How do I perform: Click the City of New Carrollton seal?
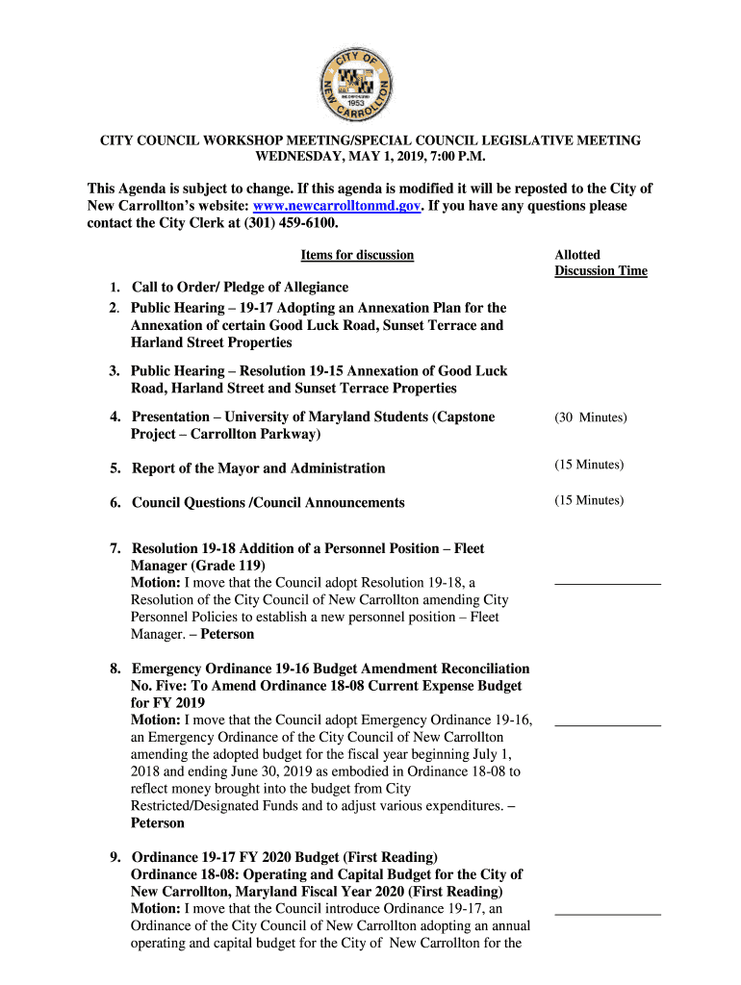point(357,84)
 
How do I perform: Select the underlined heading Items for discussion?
point(357,255)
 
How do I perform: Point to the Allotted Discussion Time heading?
point(600,263)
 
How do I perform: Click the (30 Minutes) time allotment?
point(590,417)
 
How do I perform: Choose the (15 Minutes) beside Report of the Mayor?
point(588,466)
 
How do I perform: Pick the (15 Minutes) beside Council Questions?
point(588,500)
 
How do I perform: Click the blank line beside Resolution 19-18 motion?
point(607,583)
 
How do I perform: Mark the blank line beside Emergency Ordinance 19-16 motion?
point(607,723)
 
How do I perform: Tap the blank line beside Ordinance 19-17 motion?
point(607,912)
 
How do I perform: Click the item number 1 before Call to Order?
point(114,288)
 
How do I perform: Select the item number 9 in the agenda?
point(114,856)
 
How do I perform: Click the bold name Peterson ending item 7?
point(227,634)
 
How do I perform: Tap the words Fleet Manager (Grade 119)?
point(197,566)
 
